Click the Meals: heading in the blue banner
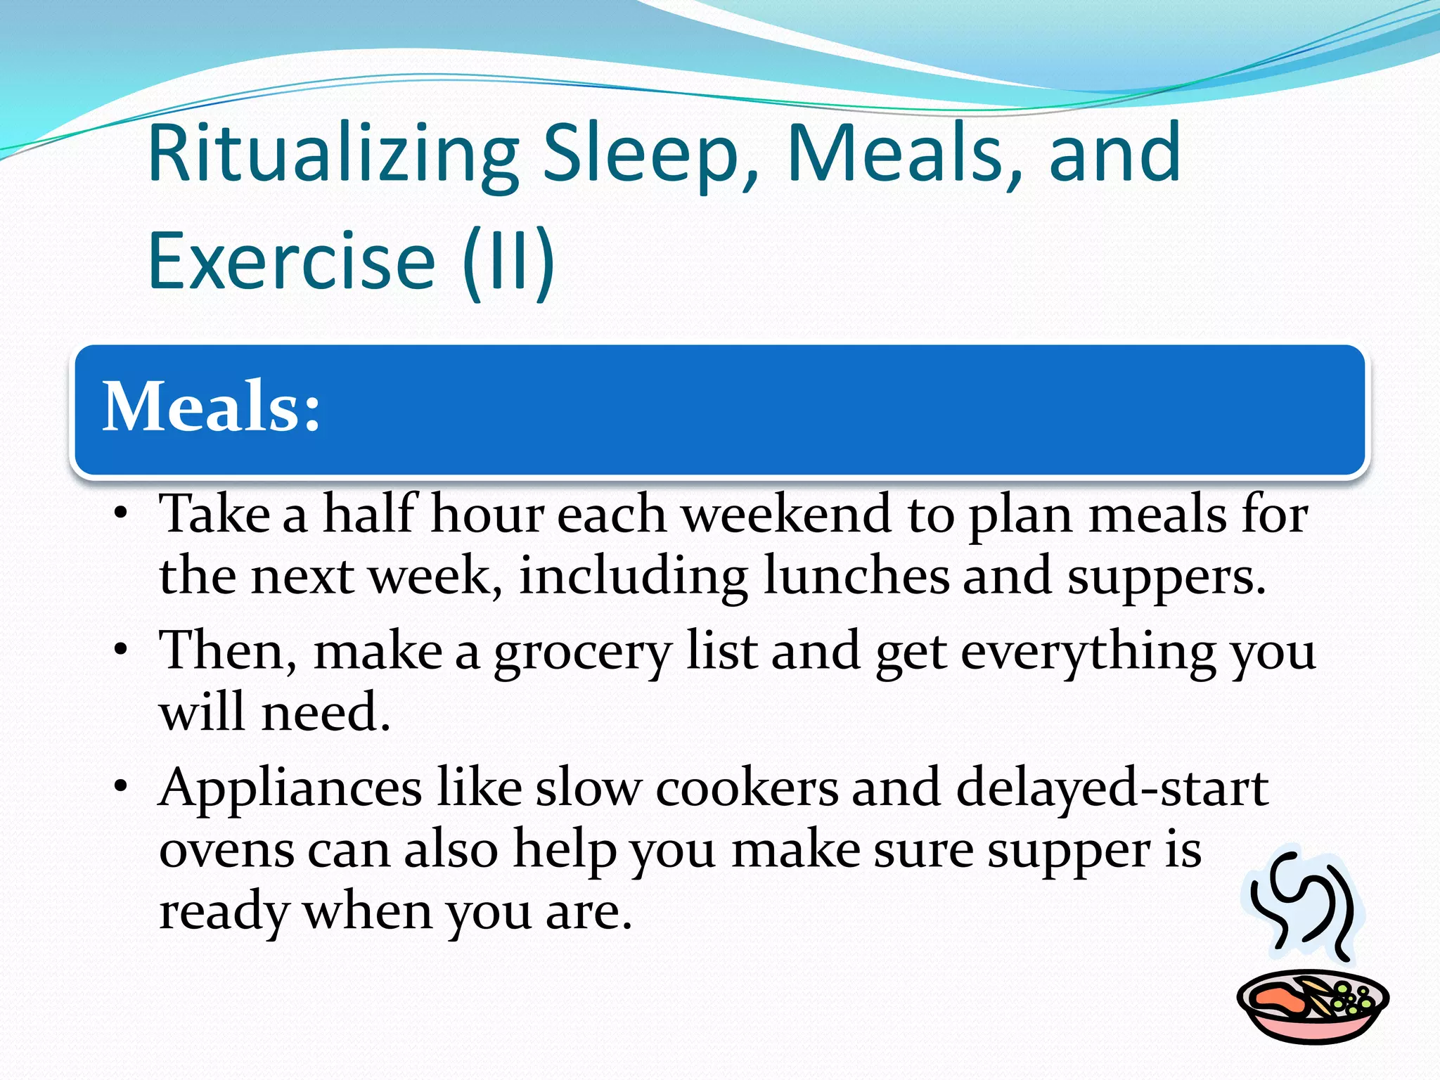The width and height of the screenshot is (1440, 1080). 212,407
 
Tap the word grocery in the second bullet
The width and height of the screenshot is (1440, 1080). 582,652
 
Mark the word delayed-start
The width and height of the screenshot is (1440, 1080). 1112,787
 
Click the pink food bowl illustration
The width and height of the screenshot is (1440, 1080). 1312,1006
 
